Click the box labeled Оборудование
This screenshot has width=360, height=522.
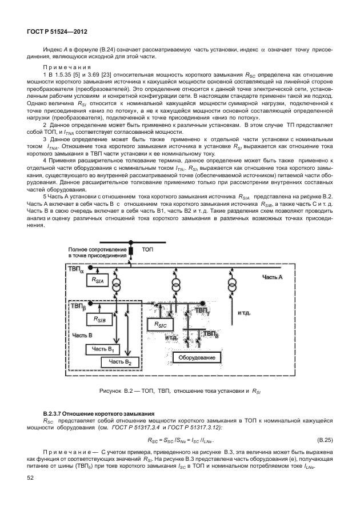[x=197, y=357]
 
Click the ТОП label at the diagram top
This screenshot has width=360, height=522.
[x=147, y=250]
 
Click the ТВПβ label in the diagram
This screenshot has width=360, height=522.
[x=78, y=306]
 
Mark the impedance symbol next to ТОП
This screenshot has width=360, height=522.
[x=130, y=251]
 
